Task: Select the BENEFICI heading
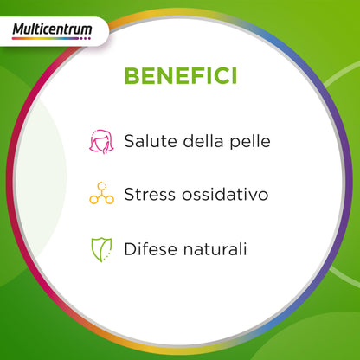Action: point(179,75)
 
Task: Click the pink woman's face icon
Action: point(101,140)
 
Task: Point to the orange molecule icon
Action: point(101,194)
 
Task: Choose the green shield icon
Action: point(102,248)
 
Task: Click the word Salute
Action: point(150,140)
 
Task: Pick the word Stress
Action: point(148,194)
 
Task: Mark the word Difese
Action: point(149,248)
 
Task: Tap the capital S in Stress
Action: point(129,194)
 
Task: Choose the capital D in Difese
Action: point(130,248)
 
